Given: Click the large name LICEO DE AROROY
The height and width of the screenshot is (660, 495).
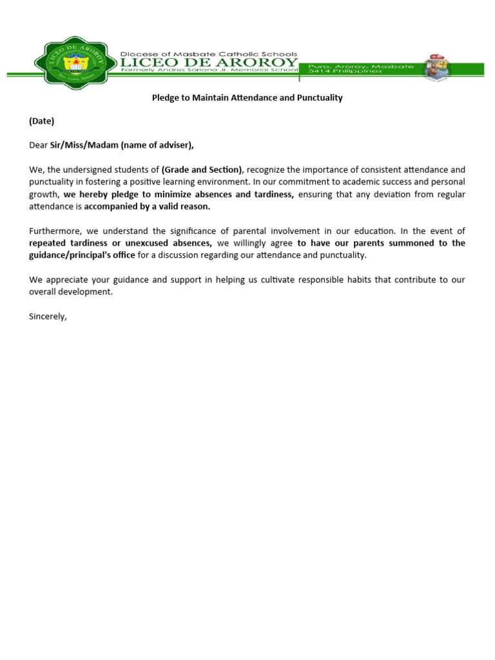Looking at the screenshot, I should pos(209,62).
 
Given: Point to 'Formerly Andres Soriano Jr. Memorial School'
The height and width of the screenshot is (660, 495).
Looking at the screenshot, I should pos(209,71).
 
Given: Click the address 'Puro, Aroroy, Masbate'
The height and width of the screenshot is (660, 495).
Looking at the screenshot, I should pos(345,66).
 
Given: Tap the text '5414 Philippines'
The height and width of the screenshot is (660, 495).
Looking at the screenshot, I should pos(345,72).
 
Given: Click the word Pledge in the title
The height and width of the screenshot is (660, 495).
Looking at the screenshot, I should pos(165,98).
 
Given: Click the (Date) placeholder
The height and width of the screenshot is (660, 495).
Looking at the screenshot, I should pos(42,121).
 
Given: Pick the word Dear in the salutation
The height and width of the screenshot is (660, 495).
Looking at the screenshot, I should pos(39,145).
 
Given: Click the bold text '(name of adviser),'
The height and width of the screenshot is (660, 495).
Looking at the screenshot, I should pos(157,145).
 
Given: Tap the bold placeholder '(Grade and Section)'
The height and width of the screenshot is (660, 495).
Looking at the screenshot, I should pos(202,170).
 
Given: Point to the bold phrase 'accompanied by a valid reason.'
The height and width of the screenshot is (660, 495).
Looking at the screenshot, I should pos(147,206).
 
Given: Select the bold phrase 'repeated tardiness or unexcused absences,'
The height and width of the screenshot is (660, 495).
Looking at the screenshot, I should pos(121,243).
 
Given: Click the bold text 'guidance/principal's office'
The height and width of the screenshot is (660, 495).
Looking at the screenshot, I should pos(82,255).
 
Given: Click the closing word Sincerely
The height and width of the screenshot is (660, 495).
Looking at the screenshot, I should pos(48,316).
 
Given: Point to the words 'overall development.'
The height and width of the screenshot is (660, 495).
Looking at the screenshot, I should pos(71,292).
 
